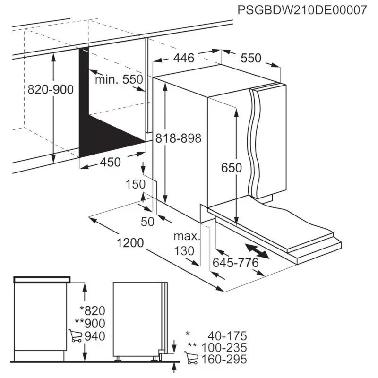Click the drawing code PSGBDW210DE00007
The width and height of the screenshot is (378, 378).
tap(302, 10)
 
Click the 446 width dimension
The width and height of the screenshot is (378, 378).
tap(184, 58)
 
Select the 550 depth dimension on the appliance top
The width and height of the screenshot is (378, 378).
tap(251, 58)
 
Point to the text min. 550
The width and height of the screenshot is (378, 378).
tap(119, 79)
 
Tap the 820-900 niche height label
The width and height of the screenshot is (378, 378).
tap(51, 89)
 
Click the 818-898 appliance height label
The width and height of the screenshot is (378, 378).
tap(178, 138)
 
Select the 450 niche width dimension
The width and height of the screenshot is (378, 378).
tap(110, 162)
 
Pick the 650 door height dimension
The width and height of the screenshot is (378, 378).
tap(231, 168)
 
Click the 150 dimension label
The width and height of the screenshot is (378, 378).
tap(136, 184)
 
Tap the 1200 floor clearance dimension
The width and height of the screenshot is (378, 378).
tap(130, 242)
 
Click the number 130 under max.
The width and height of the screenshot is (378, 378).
tap(184, 251)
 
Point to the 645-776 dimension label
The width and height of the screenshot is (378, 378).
tap(235, 263)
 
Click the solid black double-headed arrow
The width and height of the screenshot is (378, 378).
tap(257, 251)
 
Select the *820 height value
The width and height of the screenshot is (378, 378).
tap(92, 311)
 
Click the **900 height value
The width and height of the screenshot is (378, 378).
tap(90, 323)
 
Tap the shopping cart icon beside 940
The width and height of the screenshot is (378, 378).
tap(75, 335)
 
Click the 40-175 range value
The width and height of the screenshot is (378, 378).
tap(227, 336)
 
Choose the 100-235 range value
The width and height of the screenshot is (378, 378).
tap(224, 348)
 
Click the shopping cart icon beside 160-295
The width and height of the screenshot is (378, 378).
tap(191, 358)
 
